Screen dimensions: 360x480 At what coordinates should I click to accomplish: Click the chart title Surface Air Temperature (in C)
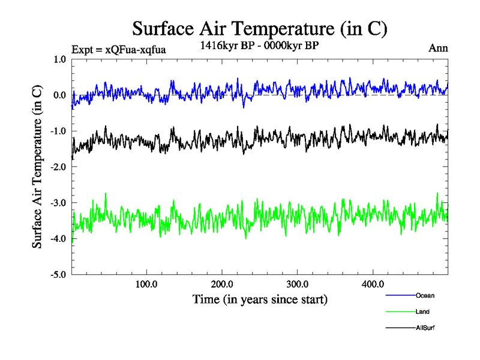pyautogui.click(x=259, y=28)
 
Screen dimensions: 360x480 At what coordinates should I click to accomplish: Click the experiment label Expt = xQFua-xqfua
pyautogui.click(x=118, y=49)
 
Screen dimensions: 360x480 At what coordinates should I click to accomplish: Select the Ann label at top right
pyautogui.click(x=438, y=49)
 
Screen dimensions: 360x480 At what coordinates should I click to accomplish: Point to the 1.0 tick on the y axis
pyautogui.click(x=59, y=59)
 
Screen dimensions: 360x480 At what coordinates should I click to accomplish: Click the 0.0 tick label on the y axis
pyautogui.click(x=59, y=95)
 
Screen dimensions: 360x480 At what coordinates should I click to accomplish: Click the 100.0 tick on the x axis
pyautogui.click(x=146, y=284)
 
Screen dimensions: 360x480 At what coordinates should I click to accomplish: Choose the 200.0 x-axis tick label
pyautogui.click(x=222, y=284)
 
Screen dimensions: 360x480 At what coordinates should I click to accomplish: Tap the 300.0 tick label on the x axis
pyautogui.click(x=298, y=284)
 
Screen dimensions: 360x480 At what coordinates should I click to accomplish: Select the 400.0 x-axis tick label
pyautogui.click(x=373, y=284)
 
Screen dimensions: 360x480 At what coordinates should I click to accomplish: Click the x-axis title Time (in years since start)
pyautogui.click(x=259, y=299)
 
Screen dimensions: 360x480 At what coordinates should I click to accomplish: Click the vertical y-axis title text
pyautogui.click(x=37, y=167)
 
